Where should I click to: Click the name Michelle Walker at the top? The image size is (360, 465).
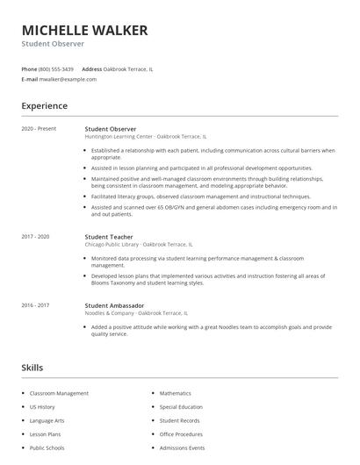pos(84,31)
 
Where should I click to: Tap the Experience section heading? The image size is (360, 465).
pos(44,106)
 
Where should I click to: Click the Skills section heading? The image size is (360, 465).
pos(32,367)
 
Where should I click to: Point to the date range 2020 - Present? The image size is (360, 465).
pos(39,129)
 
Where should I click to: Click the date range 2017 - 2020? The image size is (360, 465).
pos(35,236)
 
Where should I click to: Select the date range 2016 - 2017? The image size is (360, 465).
pos(35,304)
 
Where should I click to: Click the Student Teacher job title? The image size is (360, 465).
pos(109,236)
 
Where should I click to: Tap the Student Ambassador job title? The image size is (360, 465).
pos(114,304)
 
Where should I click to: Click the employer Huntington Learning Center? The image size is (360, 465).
pos(119,137)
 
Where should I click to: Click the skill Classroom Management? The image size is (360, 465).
pos(59,394)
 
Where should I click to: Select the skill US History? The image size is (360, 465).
pos(42,407)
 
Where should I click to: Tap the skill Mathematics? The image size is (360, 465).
pos(176,394)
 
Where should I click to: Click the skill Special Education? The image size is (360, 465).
pos(181,407)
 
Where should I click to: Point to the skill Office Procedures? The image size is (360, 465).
pos(181,434)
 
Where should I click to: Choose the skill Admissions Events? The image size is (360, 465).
pos(181,447)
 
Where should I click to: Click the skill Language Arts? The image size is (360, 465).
pos(47,421)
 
